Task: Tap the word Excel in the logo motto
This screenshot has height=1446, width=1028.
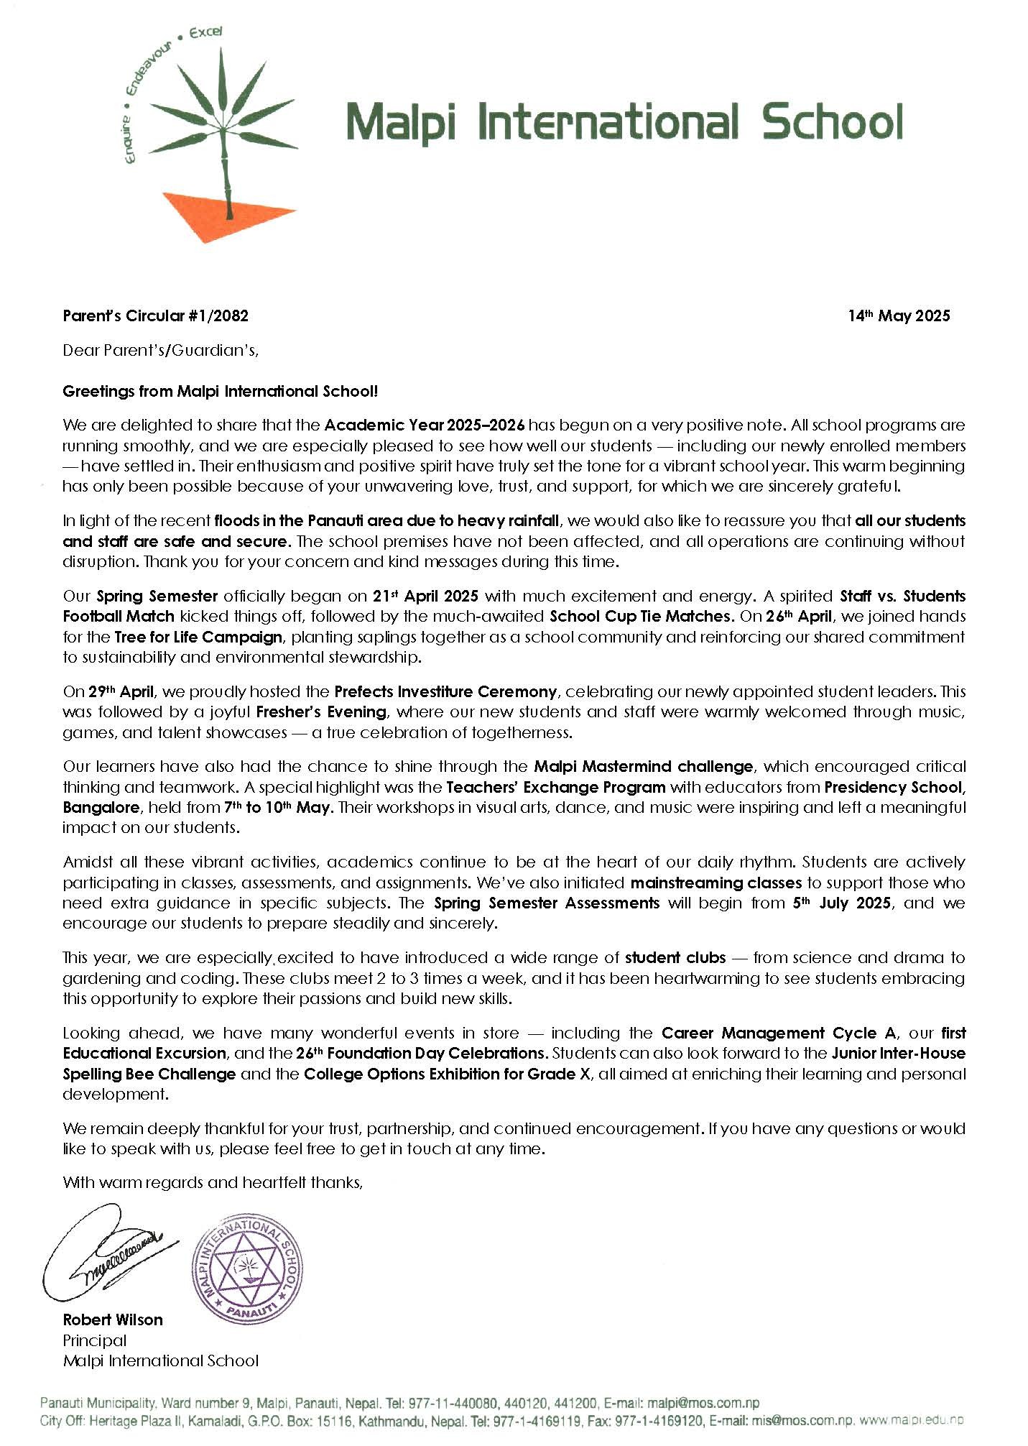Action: (205, 32)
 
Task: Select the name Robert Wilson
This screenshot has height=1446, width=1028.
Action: (113, 1320)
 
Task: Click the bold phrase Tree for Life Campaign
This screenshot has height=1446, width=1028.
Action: (198, 637)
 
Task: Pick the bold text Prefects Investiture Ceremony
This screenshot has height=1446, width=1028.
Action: (445, 691)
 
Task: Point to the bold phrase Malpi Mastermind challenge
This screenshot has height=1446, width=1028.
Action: (644, 766)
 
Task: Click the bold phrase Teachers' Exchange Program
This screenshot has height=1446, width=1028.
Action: (555, 787)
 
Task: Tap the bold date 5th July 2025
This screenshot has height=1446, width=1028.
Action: (842, 903)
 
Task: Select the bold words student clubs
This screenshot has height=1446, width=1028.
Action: (675, 957)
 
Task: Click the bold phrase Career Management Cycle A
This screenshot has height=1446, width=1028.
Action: (779, 1033)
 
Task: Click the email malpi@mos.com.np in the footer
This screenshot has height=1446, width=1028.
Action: (703, 1403)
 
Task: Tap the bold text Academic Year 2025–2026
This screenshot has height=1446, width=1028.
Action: (425, 425)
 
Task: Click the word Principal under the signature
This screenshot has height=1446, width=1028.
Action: (95, 1340)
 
